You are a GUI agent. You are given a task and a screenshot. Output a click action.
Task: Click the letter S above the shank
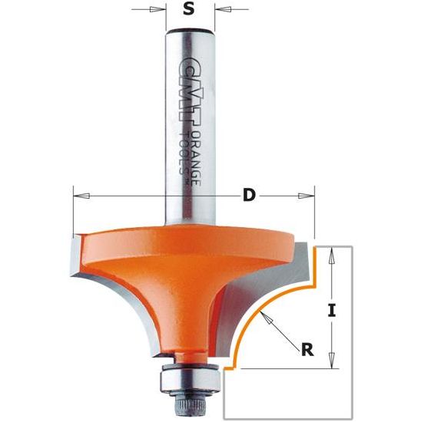point(189,11)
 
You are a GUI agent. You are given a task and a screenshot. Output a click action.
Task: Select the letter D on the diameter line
point(248,195)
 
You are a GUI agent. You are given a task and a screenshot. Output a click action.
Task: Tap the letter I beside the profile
point(332,310)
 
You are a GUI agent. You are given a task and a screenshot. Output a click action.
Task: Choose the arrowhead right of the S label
point(220,11)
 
